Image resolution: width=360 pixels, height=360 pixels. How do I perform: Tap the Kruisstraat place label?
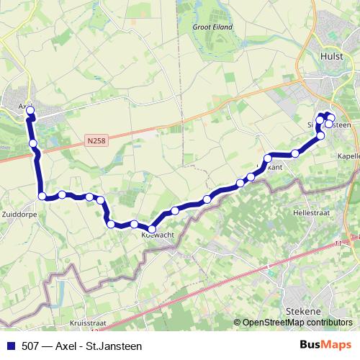[88, 324]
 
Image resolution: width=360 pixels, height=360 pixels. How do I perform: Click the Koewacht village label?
[157, 235]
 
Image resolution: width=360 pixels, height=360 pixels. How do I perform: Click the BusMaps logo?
[326, 346]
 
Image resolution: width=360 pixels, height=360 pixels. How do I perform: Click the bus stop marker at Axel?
[30, 111]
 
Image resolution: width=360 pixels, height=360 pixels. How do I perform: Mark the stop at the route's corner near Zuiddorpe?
[42, 196]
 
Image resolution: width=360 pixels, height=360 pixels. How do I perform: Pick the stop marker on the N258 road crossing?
[33, 144]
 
